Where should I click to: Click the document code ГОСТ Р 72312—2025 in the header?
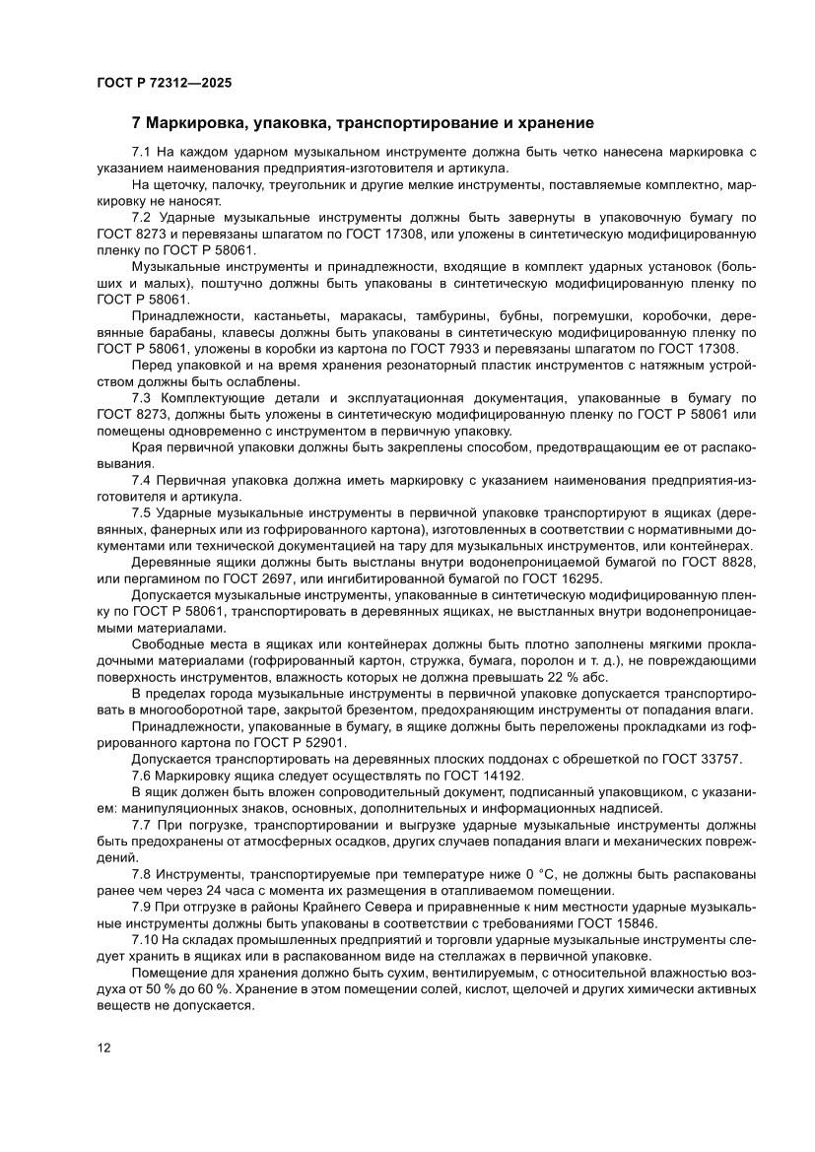tap(164, 83)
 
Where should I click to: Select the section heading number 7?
tap(137, 123)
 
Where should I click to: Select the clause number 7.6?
tap(141, 775)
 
